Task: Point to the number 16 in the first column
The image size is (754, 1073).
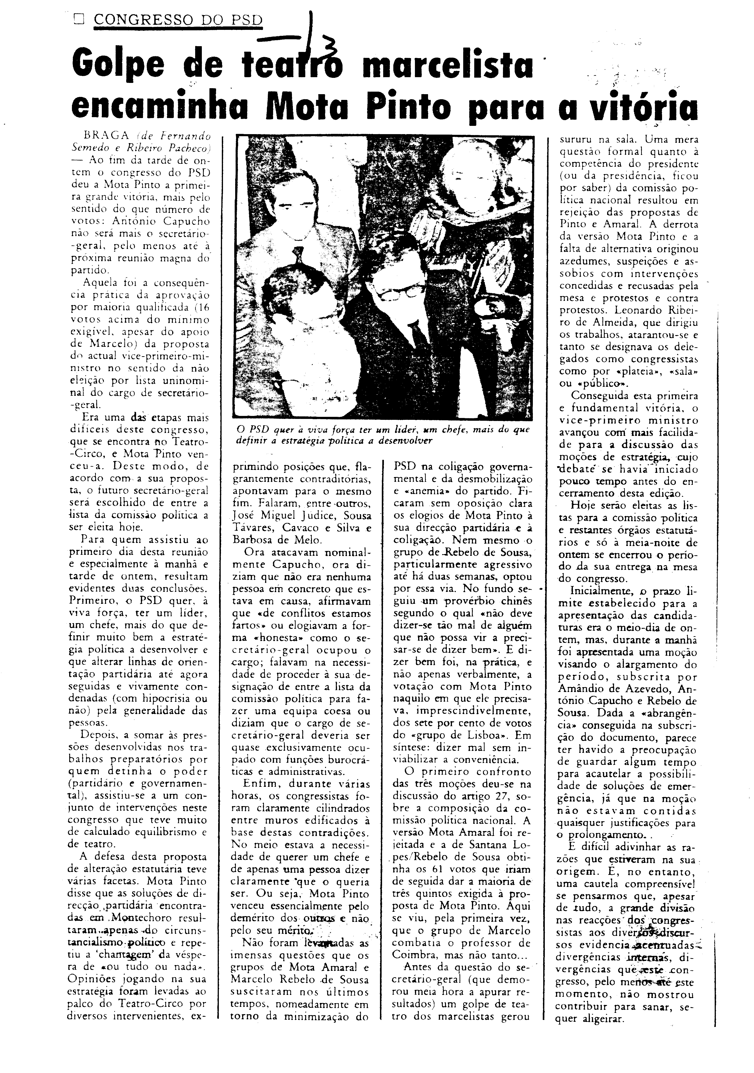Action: pos(201,308)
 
